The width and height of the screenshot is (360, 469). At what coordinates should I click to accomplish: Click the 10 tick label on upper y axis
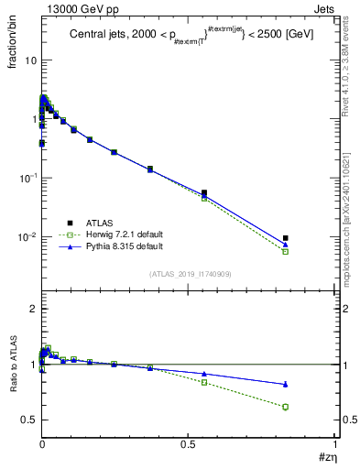30,60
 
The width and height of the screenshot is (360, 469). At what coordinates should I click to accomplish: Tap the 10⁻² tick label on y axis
27,237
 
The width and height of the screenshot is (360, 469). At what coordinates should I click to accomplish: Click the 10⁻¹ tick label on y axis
27,178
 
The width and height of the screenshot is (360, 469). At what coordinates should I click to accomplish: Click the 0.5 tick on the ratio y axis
29,420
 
